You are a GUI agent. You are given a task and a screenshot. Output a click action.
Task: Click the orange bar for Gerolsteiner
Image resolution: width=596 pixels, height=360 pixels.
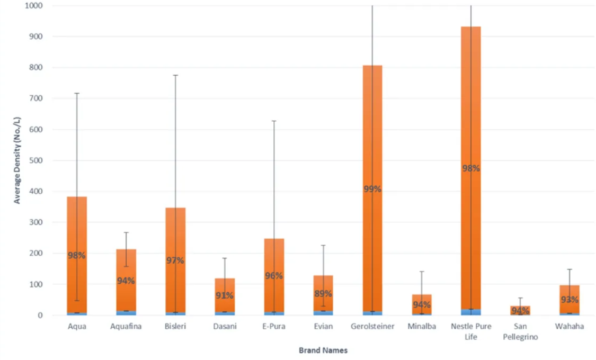pyautogui.click(x=372, y=132)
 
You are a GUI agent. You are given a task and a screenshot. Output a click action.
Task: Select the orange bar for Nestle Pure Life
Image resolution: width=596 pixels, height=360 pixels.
pyautogui.click(x=470, y=106)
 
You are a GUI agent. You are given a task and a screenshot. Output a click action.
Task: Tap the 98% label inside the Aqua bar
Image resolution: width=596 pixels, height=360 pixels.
pyautogui.click(x=77, y=255)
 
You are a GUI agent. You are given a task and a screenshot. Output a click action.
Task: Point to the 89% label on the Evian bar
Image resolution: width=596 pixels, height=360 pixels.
pyautogui.click(x=323, y=293)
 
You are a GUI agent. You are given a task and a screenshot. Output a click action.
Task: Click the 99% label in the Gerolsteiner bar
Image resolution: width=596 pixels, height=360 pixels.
pyautogui.click(x=372, y=189)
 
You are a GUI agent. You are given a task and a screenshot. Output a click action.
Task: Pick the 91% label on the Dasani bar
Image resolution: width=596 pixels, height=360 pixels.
pyautogui.click(x=225, y=295)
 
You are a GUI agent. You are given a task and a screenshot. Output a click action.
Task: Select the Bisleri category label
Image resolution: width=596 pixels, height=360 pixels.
pyautogui.click(x=175, y=327)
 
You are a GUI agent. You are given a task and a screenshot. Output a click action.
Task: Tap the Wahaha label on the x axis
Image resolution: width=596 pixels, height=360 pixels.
pyautogui.click(x=570, y=327)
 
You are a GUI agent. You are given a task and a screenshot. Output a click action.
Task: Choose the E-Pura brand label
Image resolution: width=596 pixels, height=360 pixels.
pyautogui.click(x=274, y=327)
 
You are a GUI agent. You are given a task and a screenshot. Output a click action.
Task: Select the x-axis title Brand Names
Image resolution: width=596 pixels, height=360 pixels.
pyautogui.click(x=323, y=350)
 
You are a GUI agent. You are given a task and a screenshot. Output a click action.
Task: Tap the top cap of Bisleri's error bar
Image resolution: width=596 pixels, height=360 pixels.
pyautogui.click(x=175, y=75)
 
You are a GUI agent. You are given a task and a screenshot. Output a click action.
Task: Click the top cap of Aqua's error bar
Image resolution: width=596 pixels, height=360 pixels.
pyautogui.click(x=77, y=93)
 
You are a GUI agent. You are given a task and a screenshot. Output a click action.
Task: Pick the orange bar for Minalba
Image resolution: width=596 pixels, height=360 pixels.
pyautogui.click(x=422, y=304)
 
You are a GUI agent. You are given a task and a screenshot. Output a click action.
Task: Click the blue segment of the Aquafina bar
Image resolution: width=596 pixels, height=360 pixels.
pyautogui.click(x=126, y=313)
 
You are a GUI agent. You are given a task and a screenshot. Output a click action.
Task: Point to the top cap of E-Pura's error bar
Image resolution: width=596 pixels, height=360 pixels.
pyautogui.click(x=274, y=121)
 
